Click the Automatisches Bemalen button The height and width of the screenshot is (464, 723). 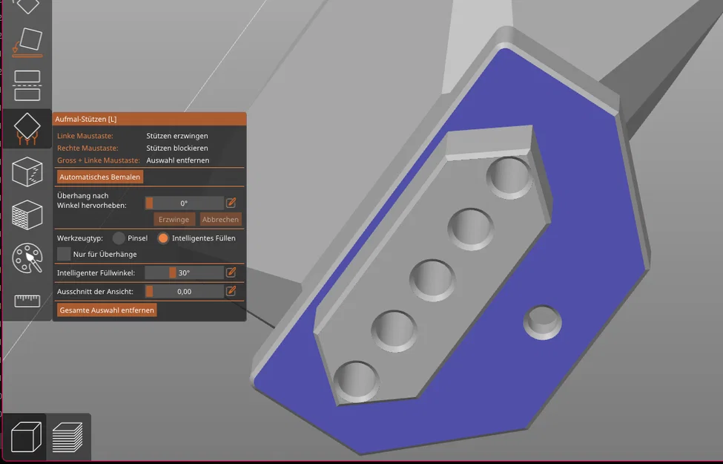click(x=99, y=177)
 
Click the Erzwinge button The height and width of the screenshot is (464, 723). click(x=174, y=219)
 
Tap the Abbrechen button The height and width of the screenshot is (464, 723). click(x=220, y=219)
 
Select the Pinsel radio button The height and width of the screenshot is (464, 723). click(x=119, y=238)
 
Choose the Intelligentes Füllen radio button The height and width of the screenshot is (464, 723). click(x=163, y=238)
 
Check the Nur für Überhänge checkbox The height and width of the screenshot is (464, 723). click(x=64, y=254)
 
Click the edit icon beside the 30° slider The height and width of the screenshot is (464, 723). click(x=231, y=272)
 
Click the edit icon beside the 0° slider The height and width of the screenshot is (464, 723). click(x=231, y=203)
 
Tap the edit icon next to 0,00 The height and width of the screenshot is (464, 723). click(x=231, y=291)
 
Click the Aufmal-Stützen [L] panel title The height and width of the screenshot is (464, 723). click(x=86, y=119)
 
